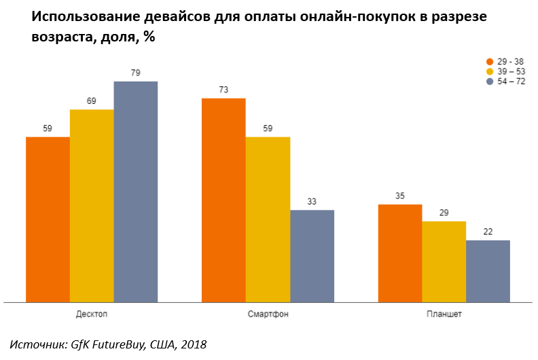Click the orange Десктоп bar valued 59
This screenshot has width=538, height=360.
(48, 219)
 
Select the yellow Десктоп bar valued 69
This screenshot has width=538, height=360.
(92, 205)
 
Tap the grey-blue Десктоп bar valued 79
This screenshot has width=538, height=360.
(135, 191)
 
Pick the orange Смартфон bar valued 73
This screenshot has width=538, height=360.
(223, 200)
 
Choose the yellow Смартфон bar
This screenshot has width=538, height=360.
(268, 219)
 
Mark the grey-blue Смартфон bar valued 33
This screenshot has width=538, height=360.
(312, 255)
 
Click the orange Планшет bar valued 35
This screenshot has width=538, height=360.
(400, 253)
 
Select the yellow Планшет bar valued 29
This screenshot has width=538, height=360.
(444, 261)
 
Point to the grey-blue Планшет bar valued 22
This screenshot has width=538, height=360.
(488, 270)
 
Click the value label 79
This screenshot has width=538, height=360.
(135, 73)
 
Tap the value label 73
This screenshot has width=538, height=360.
(223, 90)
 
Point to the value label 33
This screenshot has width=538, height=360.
(312, 202)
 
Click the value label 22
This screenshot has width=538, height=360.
(488, 232)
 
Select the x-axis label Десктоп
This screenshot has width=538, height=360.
(92, 314)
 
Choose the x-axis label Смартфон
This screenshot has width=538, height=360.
(268, 314)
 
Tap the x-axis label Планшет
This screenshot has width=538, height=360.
(444, 314)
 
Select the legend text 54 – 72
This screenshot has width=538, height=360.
(512, 82)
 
